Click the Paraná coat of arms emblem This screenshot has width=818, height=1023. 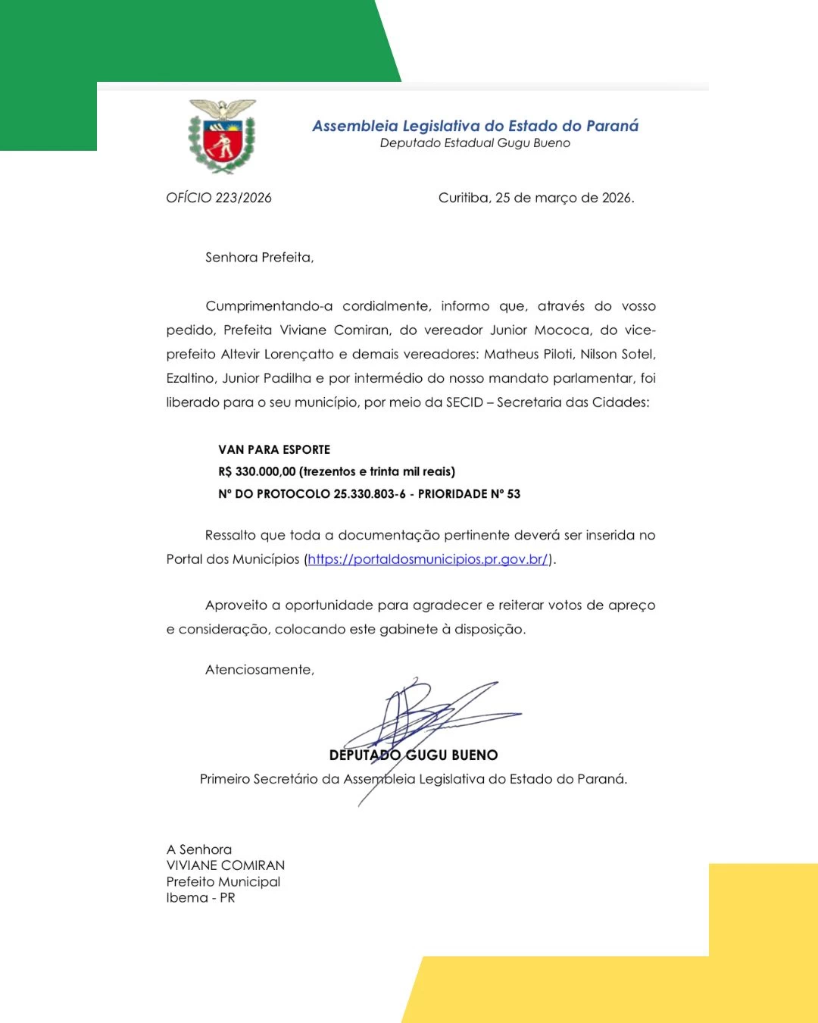[222, 136]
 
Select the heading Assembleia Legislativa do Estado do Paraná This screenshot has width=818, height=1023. [475, 126]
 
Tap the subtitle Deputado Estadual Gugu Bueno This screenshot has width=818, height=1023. [475, 143]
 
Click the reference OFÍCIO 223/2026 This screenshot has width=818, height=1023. [219, 198]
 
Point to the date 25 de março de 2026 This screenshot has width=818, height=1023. [564, 198]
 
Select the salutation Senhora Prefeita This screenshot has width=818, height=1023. [259, 258]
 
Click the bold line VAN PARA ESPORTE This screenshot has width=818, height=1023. [274, 449]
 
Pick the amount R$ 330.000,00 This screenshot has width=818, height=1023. [257, 471]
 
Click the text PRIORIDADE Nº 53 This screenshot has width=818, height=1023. [469, 494]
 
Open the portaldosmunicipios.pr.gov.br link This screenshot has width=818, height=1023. [428, 559]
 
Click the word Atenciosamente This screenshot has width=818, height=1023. [259, 670]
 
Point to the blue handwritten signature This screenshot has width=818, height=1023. [424, 716]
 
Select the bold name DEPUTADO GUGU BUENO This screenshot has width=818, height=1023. [414, 755]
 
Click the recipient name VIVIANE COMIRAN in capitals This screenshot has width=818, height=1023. [226, 865]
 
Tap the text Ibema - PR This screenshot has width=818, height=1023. [201, 898]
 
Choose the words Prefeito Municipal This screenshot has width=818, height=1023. [223, 882]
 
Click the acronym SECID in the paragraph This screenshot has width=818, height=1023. [464, 402]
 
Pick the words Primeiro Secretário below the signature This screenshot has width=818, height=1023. [258, 779]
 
